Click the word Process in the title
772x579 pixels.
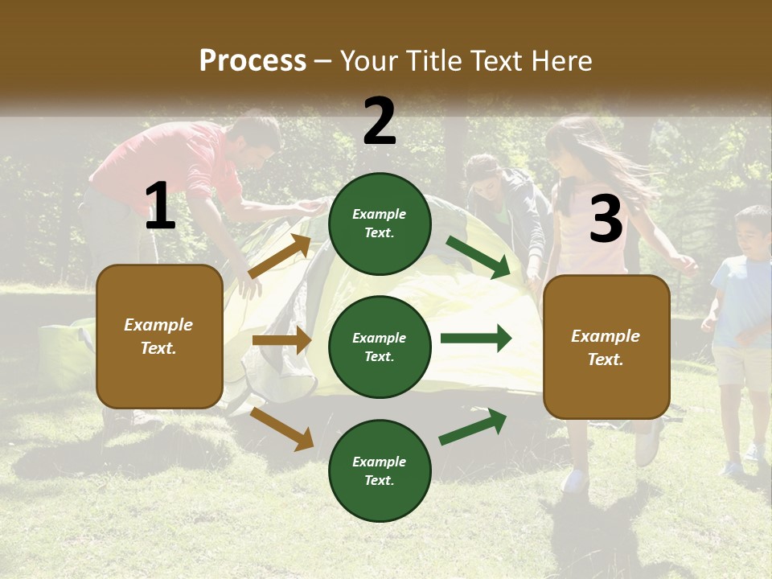253,61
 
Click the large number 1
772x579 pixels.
160,207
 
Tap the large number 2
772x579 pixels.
380,121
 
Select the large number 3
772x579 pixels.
606,220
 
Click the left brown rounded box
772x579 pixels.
159,336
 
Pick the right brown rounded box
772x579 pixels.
606,347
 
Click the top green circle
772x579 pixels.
380,224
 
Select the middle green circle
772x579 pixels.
380,347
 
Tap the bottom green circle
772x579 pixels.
380,470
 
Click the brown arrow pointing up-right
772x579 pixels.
280,256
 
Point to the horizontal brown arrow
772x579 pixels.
281,340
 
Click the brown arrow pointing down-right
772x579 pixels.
281,429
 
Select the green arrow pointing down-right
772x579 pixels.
478,257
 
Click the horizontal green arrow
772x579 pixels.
476,338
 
